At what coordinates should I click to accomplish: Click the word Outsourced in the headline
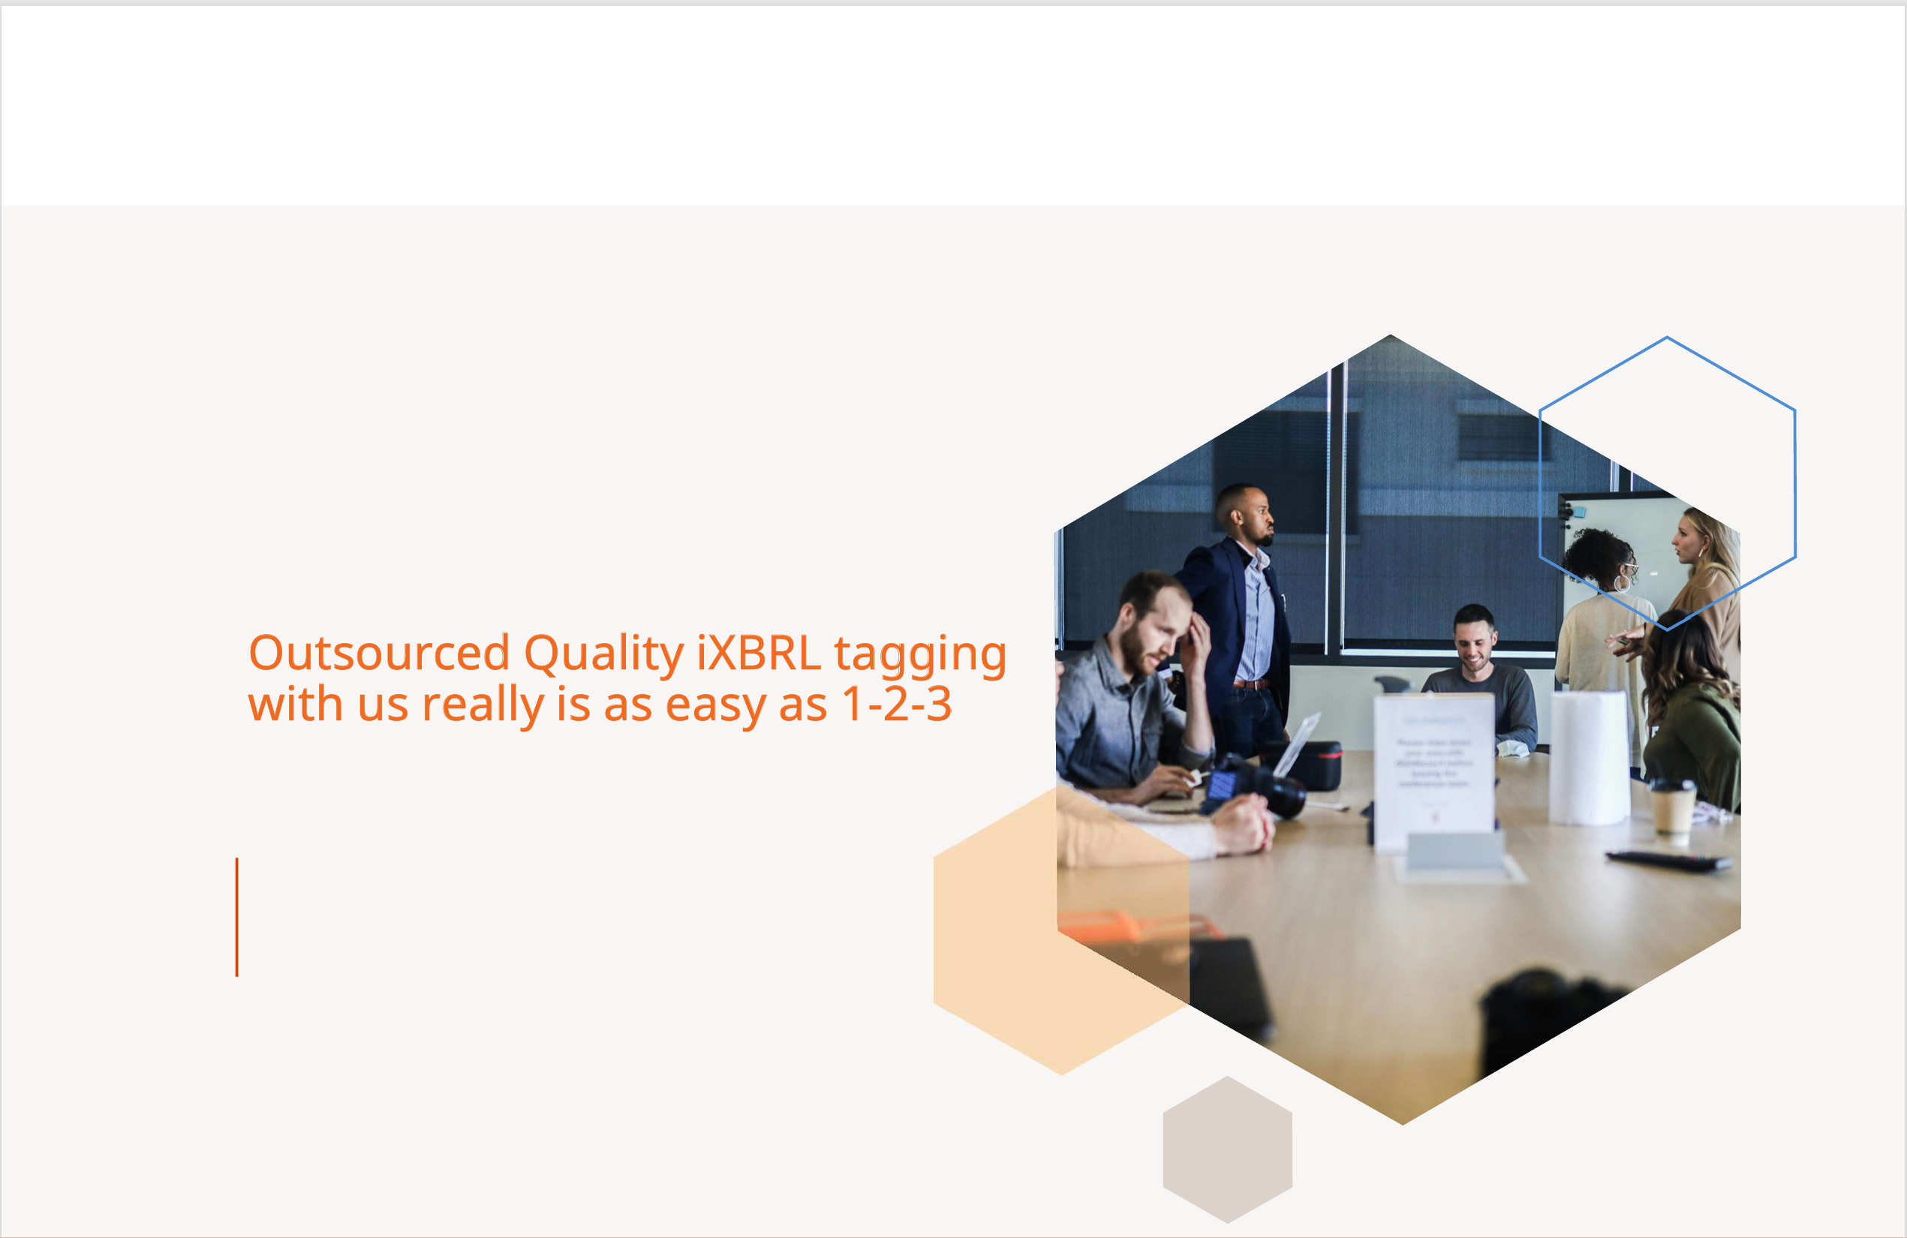click(379, 653)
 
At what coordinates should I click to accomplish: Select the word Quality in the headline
click(604, 656)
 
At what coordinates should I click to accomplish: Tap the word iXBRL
click(759, 652)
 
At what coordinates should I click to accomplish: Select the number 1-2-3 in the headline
click(897, 705)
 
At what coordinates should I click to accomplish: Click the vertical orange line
click(237, 918)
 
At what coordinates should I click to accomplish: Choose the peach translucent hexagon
click(1062, 930)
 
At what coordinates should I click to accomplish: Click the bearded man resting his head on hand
click(1134, 689)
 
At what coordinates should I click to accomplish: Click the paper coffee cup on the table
click(1673, 809)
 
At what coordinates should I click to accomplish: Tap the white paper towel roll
click(1590, 758)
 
